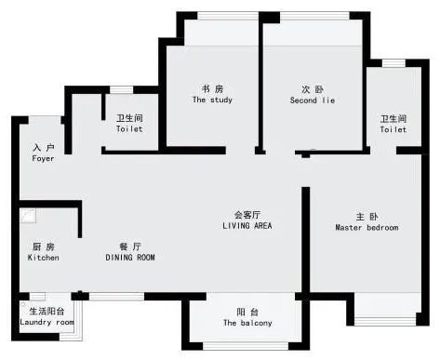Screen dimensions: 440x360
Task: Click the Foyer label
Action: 43,158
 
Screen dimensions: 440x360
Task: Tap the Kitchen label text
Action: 43,258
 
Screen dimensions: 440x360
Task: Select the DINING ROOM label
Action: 130,258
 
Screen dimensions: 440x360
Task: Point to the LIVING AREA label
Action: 247,225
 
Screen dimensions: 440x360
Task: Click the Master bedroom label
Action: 367,227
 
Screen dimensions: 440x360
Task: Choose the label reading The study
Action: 212,100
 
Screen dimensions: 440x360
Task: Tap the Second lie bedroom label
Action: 313,100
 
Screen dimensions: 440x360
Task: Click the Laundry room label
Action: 47,322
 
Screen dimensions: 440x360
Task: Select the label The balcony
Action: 247,323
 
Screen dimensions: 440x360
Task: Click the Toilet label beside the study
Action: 129,128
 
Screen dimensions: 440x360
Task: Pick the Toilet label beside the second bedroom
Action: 393,129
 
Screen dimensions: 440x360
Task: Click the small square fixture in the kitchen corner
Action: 28,216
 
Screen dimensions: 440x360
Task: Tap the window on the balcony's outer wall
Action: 246,346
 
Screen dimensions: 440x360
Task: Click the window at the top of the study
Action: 228,16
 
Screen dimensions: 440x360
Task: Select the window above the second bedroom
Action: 314,16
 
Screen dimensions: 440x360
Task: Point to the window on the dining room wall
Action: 116,297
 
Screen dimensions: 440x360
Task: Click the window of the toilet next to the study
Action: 121,89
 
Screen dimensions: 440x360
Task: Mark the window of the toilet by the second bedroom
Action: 393,63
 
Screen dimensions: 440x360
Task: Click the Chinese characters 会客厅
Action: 247,215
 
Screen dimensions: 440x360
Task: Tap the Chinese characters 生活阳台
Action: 47,311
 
